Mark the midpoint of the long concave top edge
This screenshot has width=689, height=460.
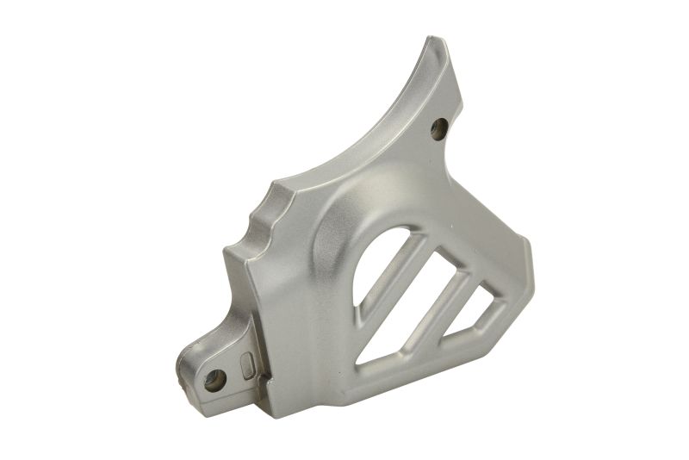[x=362, y=129]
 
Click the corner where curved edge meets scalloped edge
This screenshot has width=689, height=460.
[x=280, y=181]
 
